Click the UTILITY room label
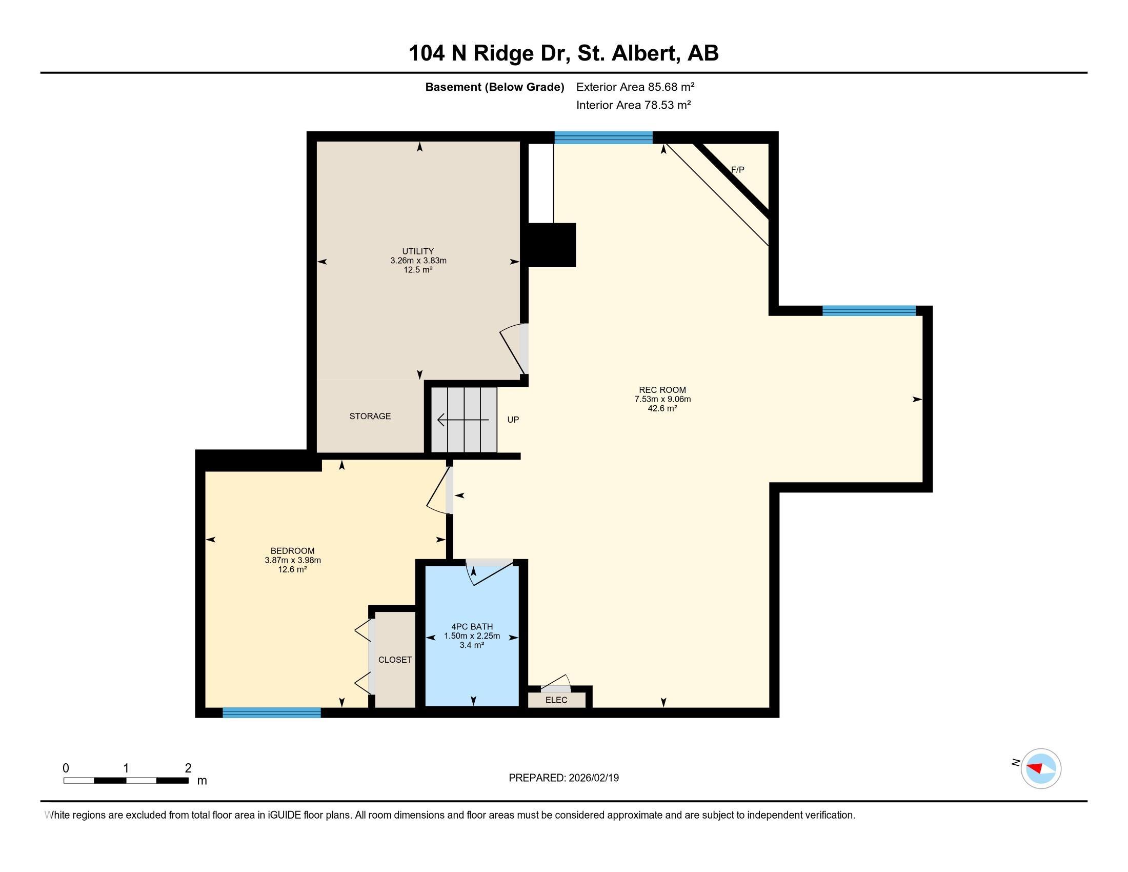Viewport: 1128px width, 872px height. [x=418, y=251]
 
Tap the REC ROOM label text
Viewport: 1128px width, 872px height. [x=662, y=390]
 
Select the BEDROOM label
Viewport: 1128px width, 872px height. [x=292, y=551]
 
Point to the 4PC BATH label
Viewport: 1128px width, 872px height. [x=472, y=627]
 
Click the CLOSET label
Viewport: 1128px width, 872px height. [x=395, y=660]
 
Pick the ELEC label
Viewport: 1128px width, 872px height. [x=556, y=700]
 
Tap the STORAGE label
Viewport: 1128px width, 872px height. [x=370, y=416]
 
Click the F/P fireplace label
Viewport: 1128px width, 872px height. [x=737, y=169]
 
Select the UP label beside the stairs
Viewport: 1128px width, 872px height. [x=513, y=420]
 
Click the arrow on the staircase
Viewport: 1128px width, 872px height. [x=463, y=420]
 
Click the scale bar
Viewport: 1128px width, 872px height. [x=126, y=780]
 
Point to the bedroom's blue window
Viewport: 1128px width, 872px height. [x=272, y=712]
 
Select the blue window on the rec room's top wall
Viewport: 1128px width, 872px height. [x=603, y=137]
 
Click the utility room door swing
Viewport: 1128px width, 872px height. [x=513, y=348]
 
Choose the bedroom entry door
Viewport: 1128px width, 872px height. [x=439, y=490]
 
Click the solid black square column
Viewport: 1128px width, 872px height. [x=552, y=245]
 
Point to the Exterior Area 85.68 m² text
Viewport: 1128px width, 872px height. [x=635, y=87]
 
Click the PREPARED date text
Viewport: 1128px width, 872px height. [x=563, y=778]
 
